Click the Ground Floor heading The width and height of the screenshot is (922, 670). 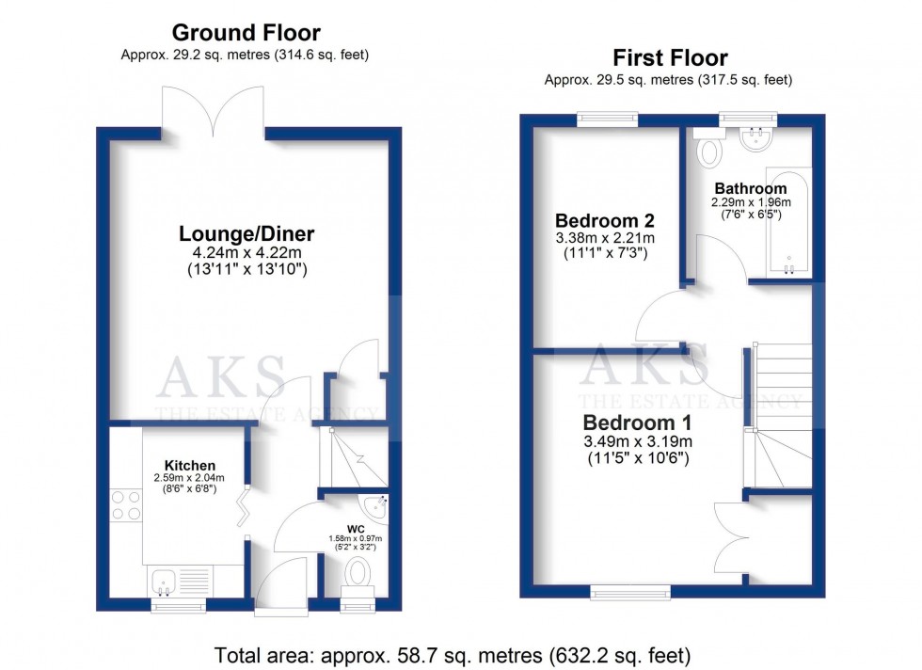[246, 34]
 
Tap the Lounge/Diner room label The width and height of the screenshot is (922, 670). [247, 233]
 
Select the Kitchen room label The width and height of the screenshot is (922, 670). [190, 465]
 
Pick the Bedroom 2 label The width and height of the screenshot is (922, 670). [603, 219]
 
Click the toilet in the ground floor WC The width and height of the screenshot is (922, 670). [358, 571]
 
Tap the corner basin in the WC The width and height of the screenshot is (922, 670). [377, 504]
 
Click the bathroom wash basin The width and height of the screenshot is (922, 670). [755, 140]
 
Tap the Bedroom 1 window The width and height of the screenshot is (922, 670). [630, 591]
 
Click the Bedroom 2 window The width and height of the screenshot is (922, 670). [607, 120]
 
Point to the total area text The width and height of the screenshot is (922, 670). [453, 653]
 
